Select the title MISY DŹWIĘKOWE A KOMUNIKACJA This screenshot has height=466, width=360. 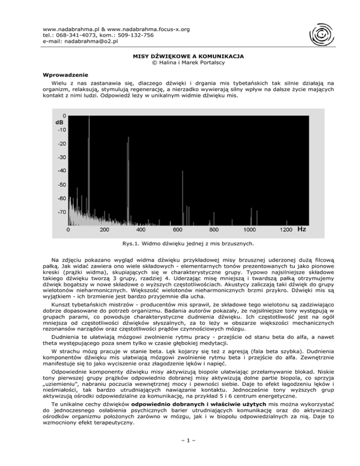[x=180, y=55]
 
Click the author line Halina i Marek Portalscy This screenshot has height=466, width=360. [x=180, y=62]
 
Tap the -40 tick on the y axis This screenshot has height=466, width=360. [x=62, y=171]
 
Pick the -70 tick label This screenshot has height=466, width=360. [x=62, y=212]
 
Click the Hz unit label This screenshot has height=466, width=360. [x=302, y=230]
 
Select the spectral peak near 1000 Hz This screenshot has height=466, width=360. [x=252, y=217]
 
